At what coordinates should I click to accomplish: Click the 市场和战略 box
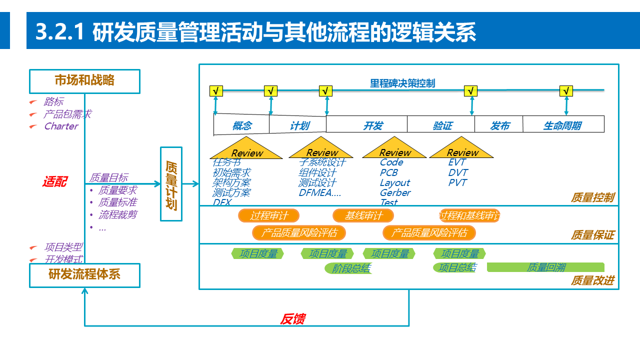pyautogui.click(x=84, y=81)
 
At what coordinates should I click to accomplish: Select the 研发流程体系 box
pyautogui.click(x=84, y=275)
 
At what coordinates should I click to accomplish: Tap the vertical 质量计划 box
pyautogui.click(x=171, y=184)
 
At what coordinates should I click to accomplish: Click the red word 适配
pyautogui.click(x=54, y=182)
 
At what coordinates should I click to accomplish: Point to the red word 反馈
pyautogui.click(x=292, y=319)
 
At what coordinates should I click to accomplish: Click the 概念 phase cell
pyautogui.click(x=242, y=125)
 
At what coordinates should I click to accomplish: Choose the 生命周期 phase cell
pyautogui.click(x=562, y=125)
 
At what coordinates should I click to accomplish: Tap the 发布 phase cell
pyautogui.click(x=499, y=125)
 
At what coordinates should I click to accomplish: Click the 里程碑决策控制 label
pyautogui.click(x=402, y=83)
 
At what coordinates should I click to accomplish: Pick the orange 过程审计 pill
pyautogui.click(x=269, y=216)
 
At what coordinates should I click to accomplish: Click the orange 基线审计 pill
pyautogui.click(x=363, y=216)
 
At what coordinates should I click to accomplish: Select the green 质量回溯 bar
pyautogui.click(x=545, y=267)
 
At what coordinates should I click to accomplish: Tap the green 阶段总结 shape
pyautogui.click(x=351, y=268)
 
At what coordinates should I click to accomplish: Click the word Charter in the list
pyautogui.click(x=61, y=126)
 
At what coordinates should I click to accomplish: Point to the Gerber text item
pyautogui.click(x=395, y=192)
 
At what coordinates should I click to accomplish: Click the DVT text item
pyautogui.click(x=458, y=172)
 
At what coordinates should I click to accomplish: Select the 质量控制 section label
pyautogui.click(x=592, y=197)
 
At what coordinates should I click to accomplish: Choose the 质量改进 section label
pyautogui.click(x=592, y=280)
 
